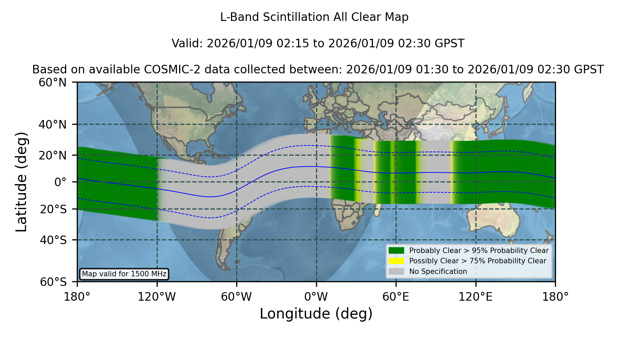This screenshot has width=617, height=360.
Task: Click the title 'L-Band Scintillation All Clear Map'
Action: [314, 17]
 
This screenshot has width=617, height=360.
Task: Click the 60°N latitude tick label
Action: [53, 83]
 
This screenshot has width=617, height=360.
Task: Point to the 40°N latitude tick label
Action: [53, 124]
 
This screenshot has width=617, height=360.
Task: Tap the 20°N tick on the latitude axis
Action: [53, 155]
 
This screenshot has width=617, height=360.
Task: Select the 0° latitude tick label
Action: [60, 182]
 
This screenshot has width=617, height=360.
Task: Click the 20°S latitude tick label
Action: [53, 209]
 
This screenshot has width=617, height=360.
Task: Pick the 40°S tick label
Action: [53, 240]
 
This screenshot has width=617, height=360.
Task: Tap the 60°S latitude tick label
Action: [53, 282]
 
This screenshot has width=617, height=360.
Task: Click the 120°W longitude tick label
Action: [157, 297]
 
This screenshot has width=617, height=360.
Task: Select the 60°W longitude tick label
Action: [237, 297]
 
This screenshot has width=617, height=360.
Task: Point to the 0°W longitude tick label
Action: [316, 297]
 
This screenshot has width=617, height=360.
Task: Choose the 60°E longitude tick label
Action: [396, 297]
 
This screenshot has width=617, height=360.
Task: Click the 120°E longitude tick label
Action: [476, 297]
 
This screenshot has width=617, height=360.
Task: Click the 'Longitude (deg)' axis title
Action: [316, 314]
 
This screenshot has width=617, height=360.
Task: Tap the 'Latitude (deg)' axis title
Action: [22, 182]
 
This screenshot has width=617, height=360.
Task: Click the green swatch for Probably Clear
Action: [396, 251]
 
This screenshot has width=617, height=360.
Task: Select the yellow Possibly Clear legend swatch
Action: [396, 261]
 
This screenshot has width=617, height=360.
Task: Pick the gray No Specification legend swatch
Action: [396, 272]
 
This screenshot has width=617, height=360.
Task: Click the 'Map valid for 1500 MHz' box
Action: [124, 274]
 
